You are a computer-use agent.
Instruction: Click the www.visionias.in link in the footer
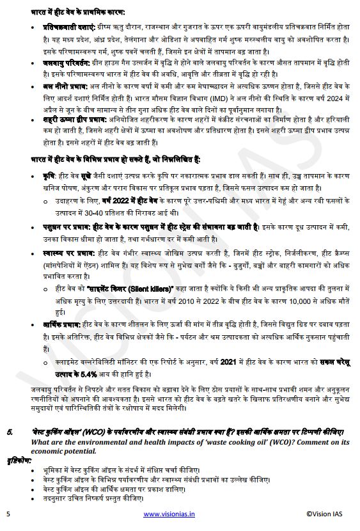tap(169, 514)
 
